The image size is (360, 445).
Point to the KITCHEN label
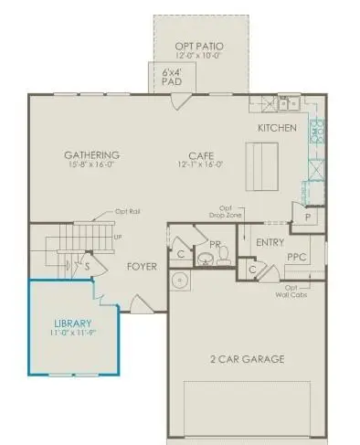(277, 128)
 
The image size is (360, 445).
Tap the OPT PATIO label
(199, 46)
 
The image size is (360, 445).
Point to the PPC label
(296, 259)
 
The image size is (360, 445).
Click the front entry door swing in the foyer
(139, 303)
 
